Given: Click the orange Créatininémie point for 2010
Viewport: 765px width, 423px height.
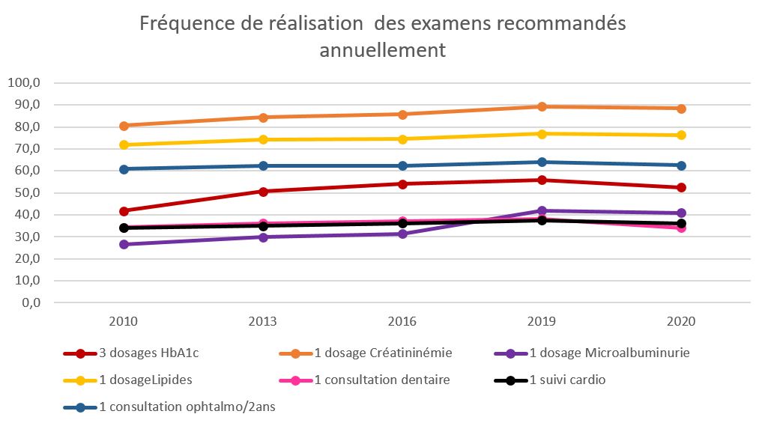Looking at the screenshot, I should pos(124,126).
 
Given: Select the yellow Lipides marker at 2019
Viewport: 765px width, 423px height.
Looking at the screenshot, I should pos(542,134).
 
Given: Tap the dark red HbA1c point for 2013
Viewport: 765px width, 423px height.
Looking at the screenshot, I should pos(263,192).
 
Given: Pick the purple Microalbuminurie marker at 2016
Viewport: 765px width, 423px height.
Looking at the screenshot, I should pos(402,234).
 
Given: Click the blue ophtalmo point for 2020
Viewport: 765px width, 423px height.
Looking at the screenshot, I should pos(681,165).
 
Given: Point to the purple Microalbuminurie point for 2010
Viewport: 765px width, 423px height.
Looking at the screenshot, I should pos(124,245).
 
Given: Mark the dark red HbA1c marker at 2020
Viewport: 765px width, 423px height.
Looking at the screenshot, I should pos(681,188).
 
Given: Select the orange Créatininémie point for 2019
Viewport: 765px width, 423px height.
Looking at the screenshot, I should pos(542,106).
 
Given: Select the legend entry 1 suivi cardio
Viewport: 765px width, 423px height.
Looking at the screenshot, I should pos(566,380).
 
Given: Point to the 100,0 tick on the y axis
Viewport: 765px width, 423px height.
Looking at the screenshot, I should pos(27,82).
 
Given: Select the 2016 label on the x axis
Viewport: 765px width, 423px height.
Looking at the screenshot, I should pos(402,321).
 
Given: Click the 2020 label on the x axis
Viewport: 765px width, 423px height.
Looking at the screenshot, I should pos(681,321).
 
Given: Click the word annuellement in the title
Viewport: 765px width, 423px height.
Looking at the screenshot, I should pos(382,50).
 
